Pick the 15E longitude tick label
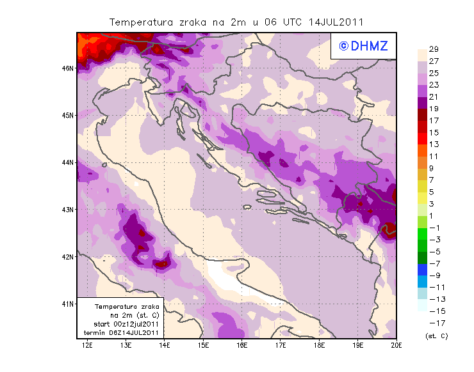pyautogui.click(x=203, y=345)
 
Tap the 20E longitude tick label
pyautogui.click(x=396, y=345)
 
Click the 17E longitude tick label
pyautogui.click(x=281, y=345)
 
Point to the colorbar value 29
pyautogui.click(x=433, y=50)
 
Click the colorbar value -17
pyautogui.click(x=434, y=323)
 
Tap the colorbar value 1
pyautogui.click(x=433, y=215)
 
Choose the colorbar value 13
pyautogui.click(x=433, y=144)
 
